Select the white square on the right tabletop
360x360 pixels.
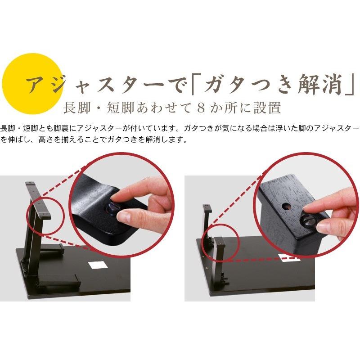pos(287,258)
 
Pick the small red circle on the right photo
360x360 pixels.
pos(217,245)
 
